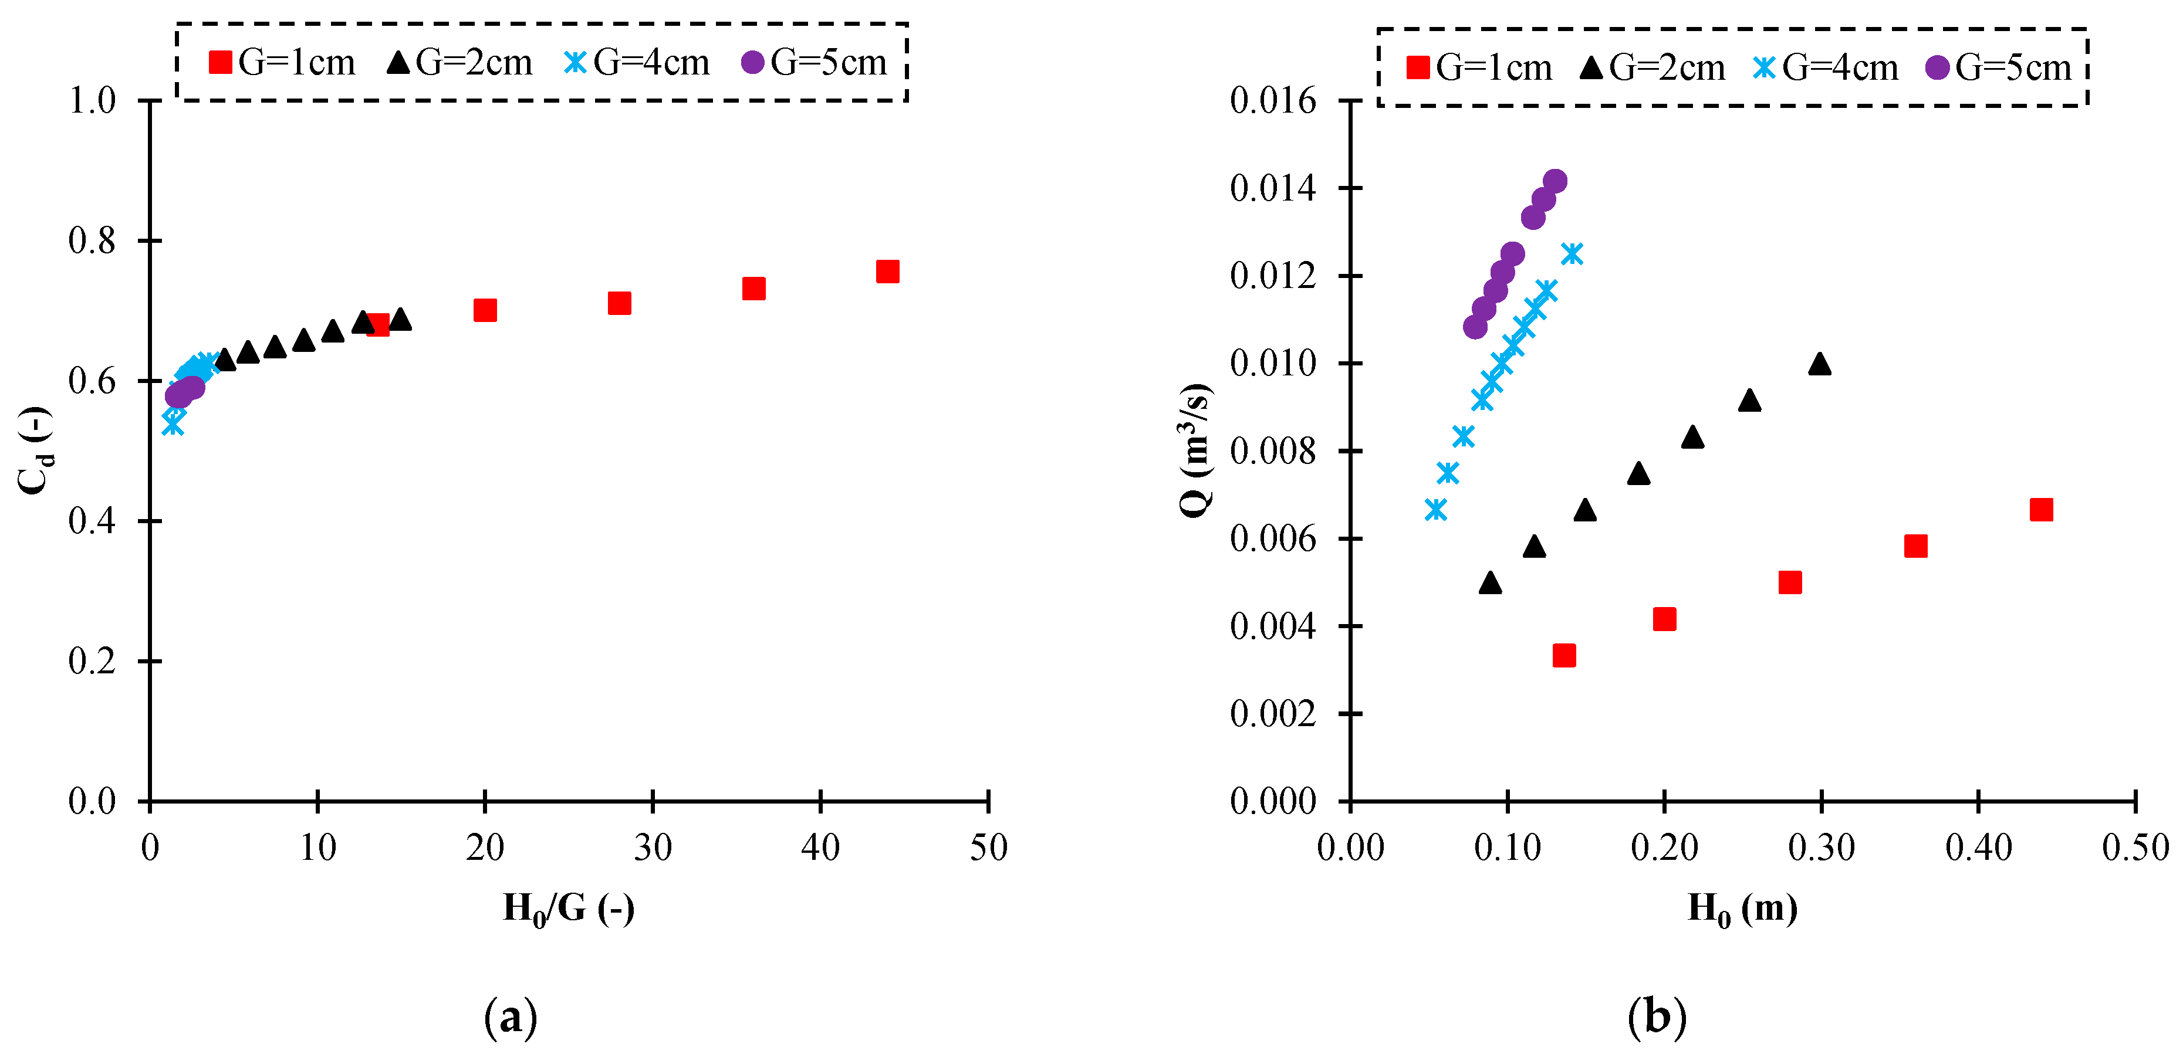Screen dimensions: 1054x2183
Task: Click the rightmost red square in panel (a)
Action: pos(887,271)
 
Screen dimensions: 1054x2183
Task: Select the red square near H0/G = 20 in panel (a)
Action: pos(485,310)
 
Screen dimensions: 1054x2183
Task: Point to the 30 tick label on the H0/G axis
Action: pos(653,848)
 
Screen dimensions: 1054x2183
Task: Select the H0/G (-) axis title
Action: pos(569,909)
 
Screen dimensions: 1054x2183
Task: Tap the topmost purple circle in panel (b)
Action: pos(1555,181)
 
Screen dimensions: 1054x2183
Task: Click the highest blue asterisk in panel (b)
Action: pos(1572,253)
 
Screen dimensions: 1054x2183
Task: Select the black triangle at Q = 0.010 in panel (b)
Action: pos(1819,364)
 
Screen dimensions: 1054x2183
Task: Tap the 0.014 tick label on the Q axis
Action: pos(1273,188)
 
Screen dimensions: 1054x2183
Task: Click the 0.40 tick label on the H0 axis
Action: pos(1978,848)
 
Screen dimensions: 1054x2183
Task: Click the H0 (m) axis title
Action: pos(1742,909)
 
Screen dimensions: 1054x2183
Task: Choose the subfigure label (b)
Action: pos(1657,1016)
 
